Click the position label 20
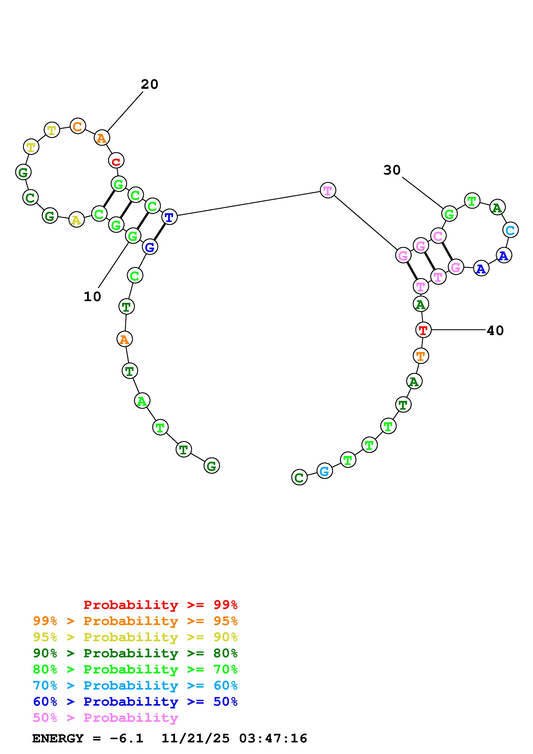point(149,85)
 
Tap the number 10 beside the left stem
point(92,297)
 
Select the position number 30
point(392,170)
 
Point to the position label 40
point(495,331)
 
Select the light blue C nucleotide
point(510,230)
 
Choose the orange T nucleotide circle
point(421,356)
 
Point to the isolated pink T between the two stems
point(328,190)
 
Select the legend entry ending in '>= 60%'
point(135,686)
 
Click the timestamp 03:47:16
point(273,739)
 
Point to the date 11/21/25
point(195,739)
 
